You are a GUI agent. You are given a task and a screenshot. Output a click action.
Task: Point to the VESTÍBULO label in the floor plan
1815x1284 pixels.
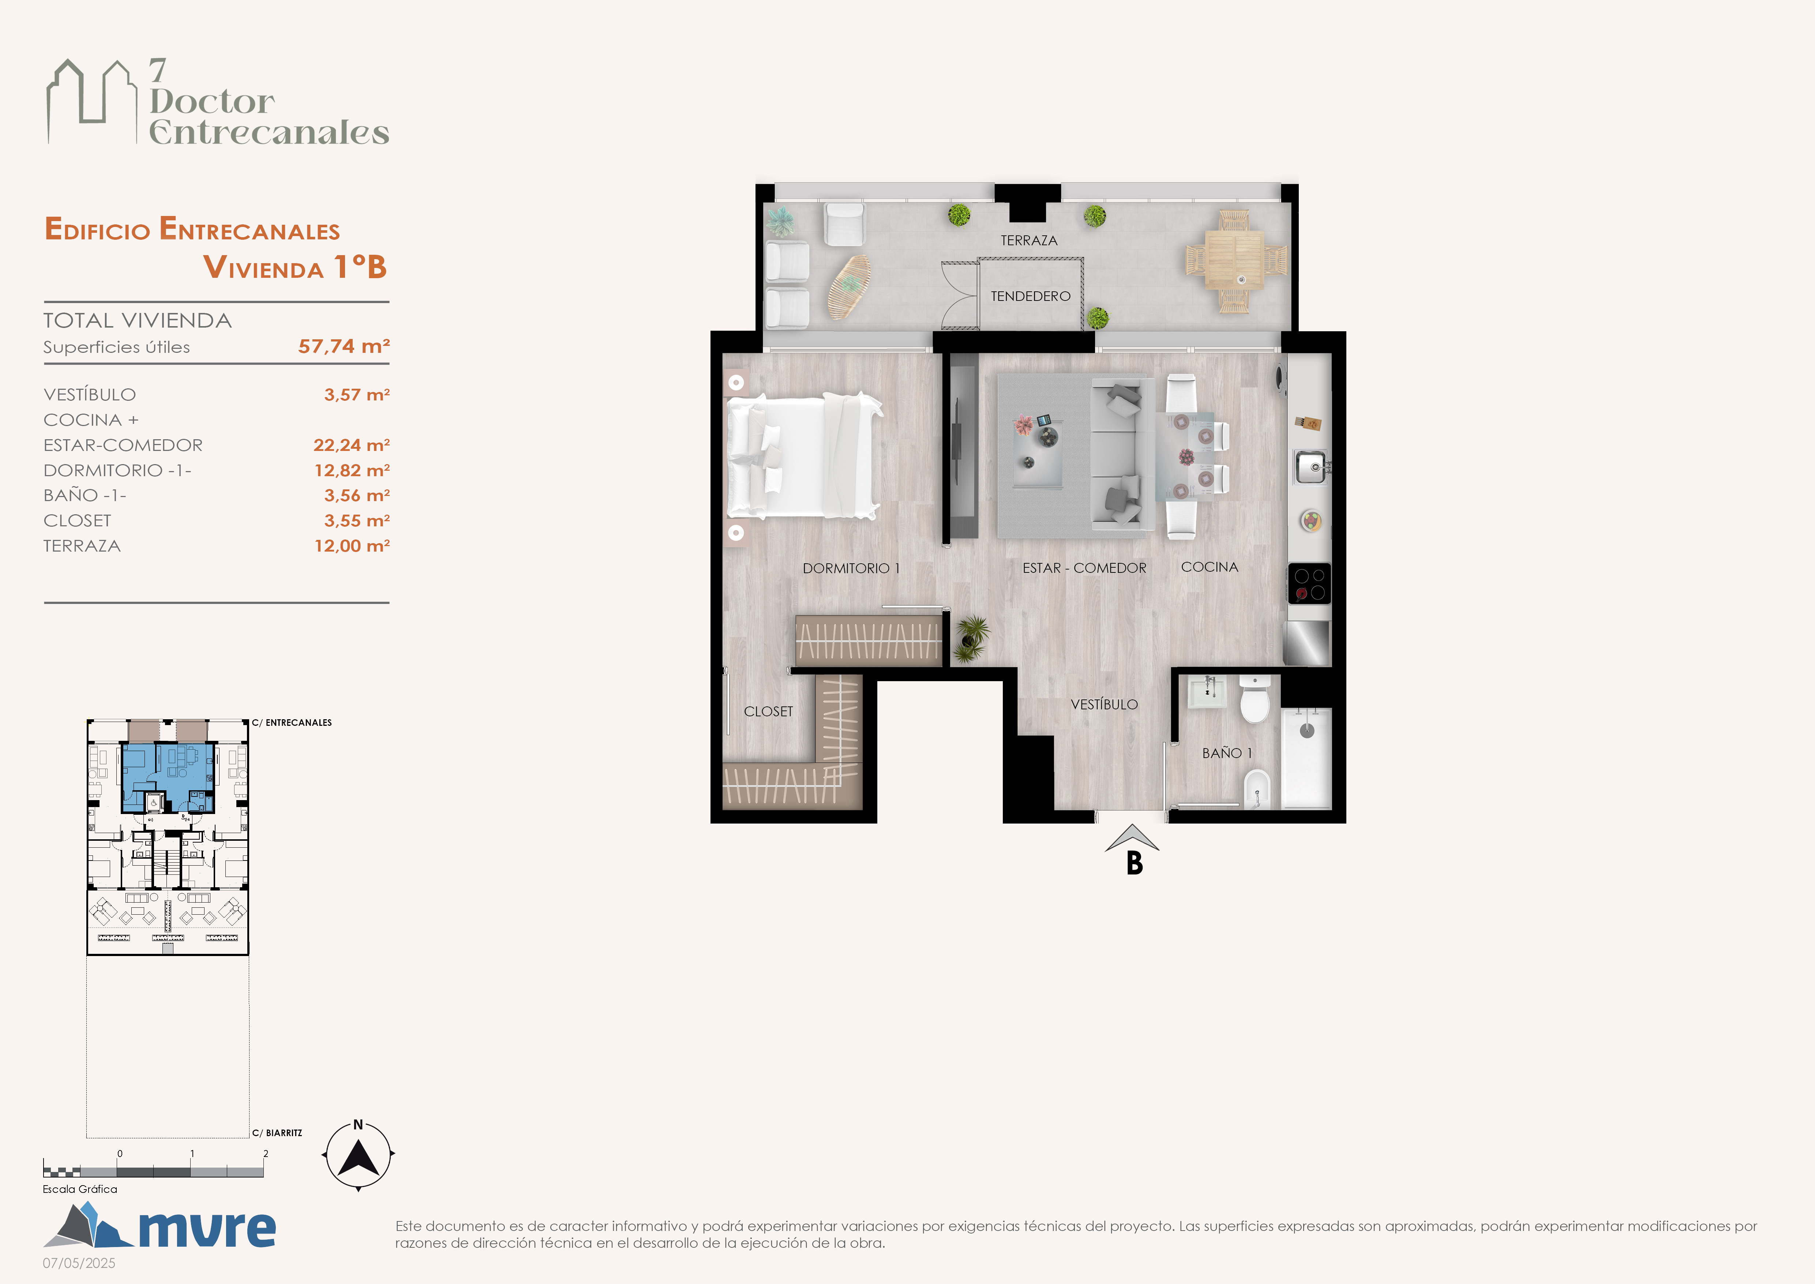point(1105,703)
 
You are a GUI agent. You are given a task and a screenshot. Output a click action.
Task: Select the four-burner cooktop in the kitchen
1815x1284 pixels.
point(1309,583)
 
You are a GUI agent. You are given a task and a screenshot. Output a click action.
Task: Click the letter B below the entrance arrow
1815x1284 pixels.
point(1135,863)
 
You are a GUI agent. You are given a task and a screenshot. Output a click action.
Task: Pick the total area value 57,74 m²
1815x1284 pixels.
point(344,346)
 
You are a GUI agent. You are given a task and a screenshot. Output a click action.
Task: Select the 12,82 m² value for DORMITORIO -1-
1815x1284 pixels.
point(352,470)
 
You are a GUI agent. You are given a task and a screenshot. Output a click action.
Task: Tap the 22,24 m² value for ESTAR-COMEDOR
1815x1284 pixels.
point(352,445)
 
